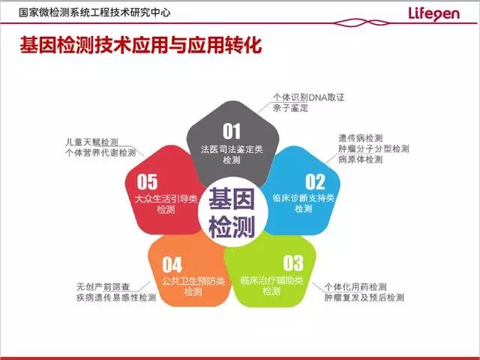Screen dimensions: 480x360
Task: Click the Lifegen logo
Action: click(x=433, y=14)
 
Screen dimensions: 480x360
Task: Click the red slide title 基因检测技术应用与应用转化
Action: click(x=141, y=46)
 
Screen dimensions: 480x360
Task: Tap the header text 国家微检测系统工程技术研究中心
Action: click(x=94, y=12)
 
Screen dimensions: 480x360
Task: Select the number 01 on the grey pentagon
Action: click(x=232, y=131)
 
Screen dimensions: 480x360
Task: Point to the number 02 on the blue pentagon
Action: click(x=315, y=181)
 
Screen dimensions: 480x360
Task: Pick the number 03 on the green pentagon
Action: click(x=293, y=263)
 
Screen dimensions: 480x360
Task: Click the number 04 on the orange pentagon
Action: click(x=172, y=265)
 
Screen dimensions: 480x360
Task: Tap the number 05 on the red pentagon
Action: click(x=147, y=181)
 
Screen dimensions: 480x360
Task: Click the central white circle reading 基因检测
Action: click(x=232, y=212)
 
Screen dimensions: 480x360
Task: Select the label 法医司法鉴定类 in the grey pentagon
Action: click(x=232, y=149)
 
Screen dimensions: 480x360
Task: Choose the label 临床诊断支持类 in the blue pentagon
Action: click(x=303, y=198)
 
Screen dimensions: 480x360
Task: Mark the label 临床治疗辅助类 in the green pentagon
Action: click(x=271, y=280)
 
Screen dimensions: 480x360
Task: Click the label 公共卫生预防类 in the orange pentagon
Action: click(x=193, y=280)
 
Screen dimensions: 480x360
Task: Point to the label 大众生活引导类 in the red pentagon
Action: click(x=166, y=199)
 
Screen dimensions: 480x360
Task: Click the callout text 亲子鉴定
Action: click(x=290, y=108)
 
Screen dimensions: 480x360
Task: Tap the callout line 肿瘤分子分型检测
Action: click(x=373, y=148)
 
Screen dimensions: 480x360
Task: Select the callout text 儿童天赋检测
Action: click(x=91, y=142)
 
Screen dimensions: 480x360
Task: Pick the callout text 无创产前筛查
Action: click(x=103, y=286)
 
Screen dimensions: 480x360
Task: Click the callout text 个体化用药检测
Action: click(x=355, y=286)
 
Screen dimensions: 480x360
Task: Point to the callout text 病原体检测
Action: click(x=361, y=160)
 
